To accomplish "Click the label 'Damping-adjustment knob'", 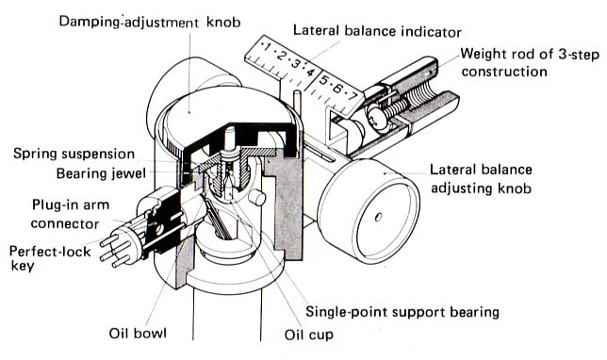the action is click(150, 22).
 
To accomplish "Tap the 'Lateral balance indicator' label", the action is click(377, 31).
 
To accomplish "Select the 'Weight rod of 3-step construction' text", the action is click(531, 62).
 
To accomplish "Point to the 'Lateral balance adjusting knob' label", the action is click(482, 178).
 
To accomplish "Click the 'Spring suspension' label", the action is click(74, 154).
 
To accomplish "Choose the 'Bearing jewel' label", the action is click(102, 173).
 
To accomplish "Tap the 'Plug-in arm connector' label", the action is click(70, 214).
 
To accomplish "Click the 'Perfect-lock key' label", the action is click(50, 258).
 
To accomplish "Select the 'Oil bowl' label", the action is click(138, 334).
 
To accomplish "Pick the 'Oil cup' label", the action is click(308, 335).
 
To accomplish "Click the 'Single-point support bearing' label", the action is click(402, 312).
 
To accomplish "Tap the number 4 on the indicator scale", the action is click(310, 72).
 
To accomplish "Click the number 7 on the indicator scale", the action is click(352, 95).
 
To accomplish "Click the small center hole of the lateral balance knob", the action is click(378, 217).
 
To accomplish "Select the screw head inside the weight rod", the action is click(376, 117).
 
